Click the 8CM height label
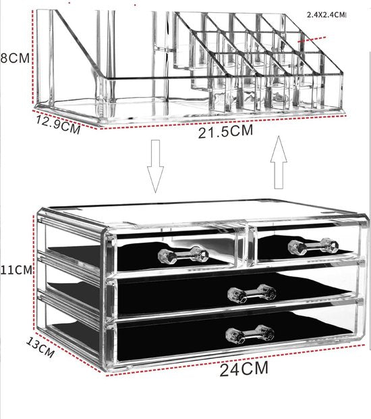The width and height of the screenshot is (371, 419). tap(15, 57)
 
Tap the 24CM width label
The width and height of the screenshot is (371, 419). tap(244, 369)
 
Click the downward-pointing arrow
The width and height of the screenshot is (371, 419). tap(156, 166)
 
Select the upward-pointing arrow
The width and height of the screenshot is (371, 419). tap(278, 162)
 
